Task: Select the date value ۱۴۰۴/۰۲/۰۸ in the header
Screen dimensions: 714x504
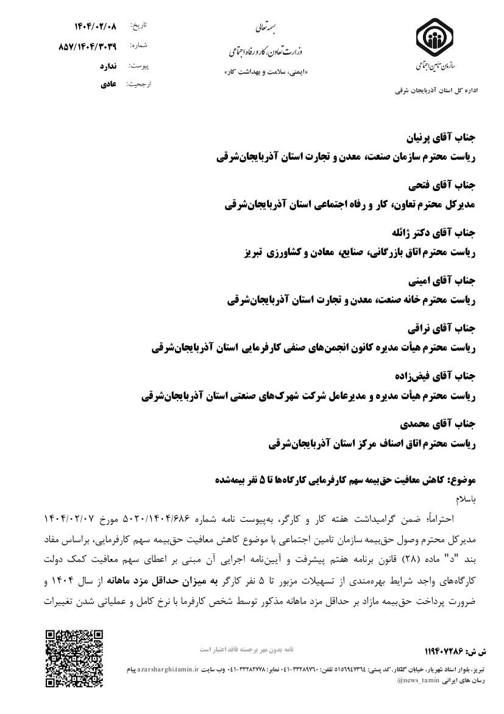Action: tap(96, 26)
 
